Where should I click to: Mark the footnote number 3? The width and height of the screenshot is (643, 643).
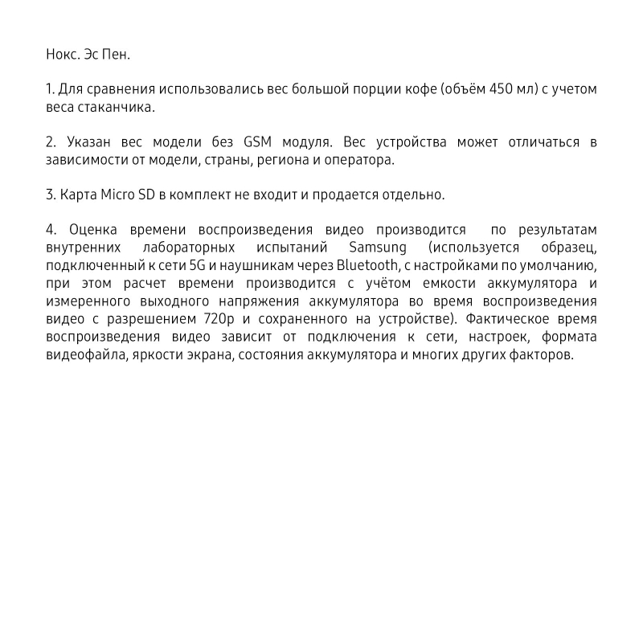pyautogui.click(x=50, y=195)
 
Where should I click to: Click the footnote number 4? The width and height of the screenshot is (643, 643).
pyautogui.click(x=50, y=229)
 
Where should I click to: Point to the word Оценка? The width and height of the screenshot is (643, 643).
pyautogui.click(x=93, y=229)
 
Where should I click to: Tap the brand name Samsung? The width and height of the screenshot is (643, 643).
pyautogui.click(x=378, y=247)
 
